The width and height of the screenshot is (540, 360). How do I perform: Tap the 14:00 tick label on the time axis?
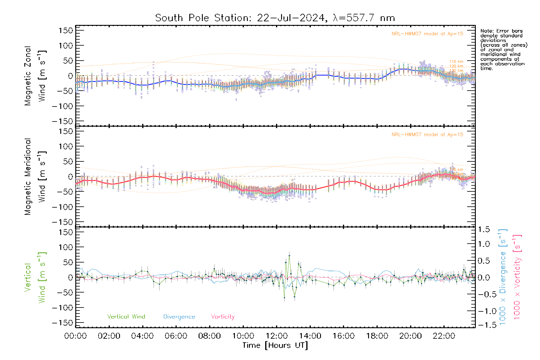310,336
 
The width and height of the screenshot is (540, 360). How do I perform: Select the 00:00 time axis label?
76,336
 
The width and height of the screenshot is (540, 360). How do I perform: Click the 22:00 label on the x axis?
444,336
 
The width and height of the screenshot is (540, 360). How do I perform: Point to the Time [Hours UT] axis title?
275,346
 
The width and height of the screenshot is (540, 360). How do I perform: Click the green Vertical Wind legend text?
126,317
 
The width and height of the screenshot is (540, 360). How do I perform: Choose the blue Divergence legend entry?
179,317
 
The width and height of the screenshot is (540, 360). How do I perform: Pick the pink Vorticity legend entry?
223,317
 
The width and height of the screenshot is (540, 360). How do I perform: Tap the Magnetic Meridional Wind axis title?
35,177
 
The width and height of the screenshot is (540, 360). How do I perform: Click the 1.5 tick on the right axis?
484,229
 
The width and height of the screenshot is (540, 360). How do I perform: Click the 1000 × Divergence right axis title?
503,277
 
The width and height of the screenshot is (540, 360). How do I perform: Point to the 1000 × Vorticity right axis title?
517,277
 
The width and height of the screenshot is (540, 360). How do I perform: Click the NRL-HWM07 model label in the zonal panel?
427,34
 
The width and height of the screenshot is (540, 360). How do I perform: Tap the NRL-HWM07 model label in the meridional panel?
427,135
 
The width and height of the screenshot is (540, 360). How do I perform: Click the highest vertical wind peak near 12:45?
289,256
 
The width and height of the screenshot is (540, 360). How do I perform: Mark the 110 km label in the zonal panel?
456,61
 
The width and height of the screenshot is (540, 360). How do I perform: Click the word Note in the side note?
486,31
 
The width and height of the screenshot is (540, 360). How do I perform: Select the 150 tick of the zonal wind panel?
66,31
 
